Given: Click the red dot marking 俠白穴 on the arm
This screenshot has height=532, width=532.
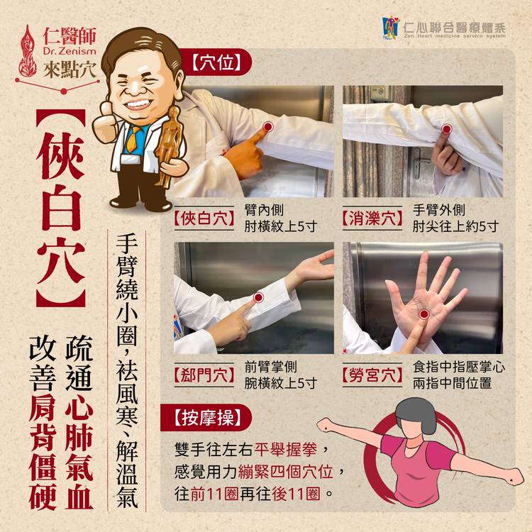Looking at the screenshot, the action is coord(267,127).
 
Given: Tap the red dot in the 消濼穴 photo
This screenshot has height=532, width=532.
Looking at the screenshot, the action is coord(446,129).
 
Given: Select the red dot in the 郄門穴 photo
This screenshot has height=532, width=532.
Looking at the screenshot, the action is coord(258,297).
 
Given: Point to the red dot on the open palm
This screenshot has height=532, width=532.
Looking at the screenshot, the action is coord(423,314).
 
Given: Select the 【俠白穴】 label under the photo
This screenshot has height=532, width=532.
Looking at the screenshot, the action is coord(204,218).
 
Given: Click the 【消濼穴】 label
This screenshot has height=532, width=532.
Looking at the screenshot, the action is coord(372,218).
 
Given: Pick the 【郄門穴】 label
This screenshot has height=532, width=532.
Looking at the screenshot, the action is coord(204,375).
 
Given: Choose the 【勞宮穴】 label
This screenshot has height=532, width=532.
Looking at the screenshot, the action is coord(372,375).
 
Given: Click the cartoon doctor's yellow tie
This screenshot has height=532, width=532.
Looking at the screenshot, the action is coord(133,140).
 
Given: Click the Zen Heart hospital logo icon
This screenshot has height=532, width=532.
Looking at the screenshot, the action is coord(391,28).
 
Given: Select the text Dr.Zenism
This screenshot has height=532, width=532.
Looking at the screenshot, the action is coord(70,52).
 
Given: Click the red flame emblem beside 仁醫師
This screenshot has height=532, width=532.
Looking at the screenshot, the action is coord(28,51).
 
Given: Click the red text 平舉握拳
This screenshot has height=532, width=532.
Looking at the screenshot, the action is coord(287,449).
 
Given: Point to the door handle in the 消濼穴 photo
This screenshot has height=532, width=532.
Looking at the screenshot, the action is coord(421,163).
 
